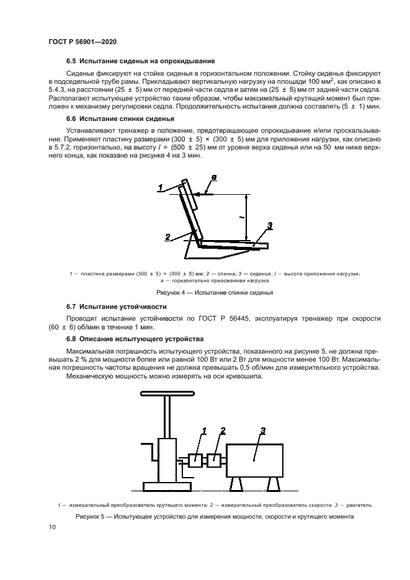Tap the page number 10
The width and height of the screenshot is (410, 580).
point(52,527)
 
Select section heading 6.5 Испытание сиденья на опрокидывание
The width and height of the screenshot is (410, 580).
point(140,61)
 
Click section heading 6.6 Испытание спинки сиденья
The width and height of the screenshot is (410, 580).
point(120,118)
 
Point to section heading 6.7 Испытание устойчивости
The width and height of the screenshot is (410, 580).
point(117,306)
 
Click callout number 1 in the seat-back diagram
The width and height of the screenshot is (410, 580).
point(160,187)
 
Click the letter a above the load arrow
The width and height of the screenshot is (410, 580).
point(214,178)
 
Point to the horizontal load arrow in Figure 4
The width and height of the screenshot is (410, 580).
point(204,195)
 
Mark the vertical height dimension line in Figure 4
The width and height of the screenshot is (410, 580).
point(247,218)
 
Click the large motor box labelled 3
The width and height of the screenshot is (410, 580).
point(255,460)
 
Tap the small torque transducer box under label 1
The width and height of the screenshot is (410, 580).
point(196,460)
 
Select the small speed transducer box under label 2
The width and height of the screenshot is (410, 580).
point(214,460)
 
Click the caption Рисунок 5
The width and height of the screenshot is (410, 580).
point(205,516)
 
